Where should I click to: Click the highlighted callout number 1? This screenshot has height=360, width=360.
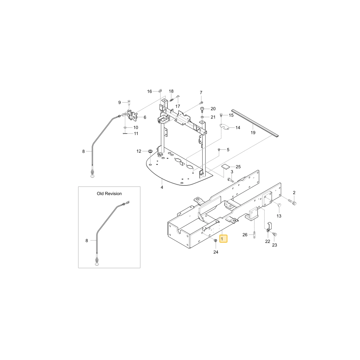pyautogui.click(x=222, y=239)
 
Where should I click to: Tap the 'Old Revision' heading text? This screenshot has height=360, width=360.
pyautogui.click(x=109, y=194)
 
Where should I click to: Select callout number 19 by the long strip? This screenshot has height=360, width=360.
pyautogui.click(x=253, y=133)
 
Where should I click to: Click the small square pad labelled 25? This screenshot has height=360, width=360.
pyautogui.click(x=226, y=166)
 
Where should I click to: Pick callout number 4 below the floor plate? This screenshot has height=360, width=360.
pyautogui.click(x=162, y=187)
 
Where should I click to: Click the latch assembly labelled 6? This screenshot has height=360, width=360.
pyautogui.click(x=131, y=115)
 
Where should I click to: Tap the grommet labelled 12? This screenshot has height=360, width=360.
pyautogui.click(x=150, y=151)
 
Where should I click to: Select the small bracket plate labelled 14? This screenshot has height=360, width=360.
pyautogui.click(x=224, y=126)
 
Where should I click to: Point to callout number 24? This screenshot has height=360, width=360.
pyautogui.click(x=216, y=252)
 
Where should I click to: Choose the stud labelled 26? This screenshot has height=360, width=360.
pyautogui.click(x=254, y=235)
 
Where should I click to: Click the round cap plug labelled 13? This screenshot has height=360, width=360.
pyautogui.click(x=279, y=205)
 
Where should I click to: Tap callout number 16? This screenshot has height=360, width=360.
pyautogui.click(x=149, y=91)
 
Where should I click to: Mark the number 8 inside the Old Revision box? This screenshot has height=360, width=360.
pyautogui.click(x=86, y=240)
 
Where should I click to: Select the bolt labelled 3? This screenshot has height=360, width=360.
pyautogui.click(x=230, y=180)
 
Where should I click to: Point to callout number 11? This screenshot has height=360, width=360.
pyautogui.click(x=136, y=134)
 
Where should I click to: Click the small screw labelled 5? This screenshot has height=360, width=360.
pyautogui.click(x=219, y=149)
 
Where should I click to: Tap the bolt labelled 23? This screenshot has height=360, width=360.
pyautogui.click(x=274, y=234)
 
